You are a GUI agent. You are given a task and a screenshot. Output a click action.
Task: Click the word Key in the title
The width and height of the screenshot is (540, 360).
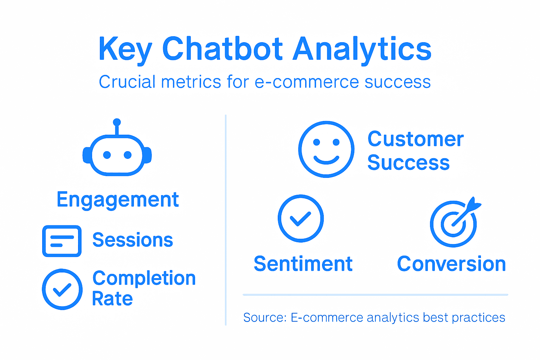pyautogui.click(x=125, y=49)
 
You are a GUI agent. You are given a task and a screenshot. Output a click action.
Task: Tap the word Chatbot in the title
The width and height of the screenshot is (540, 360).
pyautogui.click(x=222, y=49)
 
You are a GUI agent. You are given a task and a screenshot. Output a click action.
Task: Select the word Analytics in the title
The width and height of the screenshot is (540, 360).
pyautogui.click(x=362, y=49)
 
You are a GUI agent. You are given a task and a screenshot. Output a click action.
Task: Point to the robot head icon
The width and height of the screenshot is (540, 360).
pyautogui.click(x=117, y=155)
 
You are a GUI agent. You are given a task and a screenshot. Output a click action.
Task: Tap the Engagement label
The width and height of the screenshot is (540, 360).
pyautogui.click(x=118, y=200)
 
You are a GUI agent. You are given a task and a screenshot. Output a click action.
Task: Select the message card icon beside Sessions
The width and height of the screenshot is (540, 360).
pyautogui.click(x=62, y=241)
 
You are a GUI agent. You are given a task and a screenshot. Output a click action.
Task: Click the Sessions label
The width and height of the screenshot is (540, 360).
pyautogui.click(x=133, y=240)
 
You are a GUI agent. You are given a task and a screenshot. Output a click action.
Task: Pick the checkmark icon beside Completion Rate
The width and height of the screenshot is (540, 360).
pyautogui.click(x=62, y=289)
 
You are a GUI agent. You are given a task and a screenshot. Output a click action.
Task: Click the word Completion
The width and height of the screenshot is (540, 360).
pyautogui.click(x=144, y=278)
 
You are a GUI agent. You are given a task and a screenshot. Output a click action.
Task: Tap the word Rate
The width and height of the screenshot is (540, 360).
pyautogui.click(x=112, y=299)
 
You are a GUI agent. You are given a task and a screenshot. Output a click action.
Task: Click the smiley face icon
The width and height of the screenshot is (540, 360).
pyautogui.click(x=326, y=149)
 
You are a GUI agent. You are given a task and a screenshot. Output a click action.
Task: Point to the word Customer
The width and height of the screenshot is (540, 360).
pyautogui.click(x=416, y=139)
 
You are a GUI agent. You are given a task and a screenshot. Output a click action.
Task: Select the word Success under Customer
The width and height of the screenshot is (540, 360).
pyautogui.click(x=409, y=163)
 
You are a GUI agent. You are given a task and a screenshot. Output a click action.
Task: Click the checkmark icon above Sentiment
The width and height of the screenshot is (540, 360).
pyautogui.click(x=301, y=218)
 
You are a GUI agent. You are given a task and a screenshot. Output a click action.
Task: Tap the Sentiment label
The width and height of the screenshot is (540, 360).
pyautogui.click(x=303, y=264)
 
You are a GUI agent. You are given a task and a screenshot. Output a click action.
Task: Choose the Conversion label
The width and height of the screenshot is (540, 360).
pyautogui.click(x=451, y=264)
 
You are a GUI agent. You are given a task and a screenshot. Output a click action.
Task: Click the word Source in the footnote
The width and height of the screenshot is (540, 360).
pyautogui.click(x=264, y=317)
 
